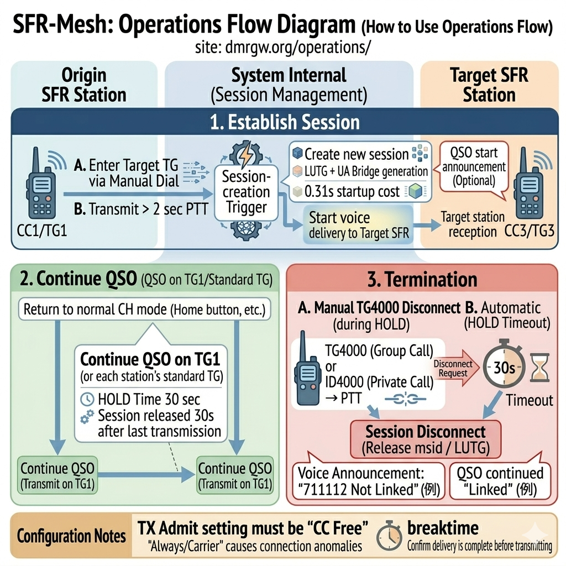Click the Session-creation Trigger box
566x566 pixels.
point(245,192)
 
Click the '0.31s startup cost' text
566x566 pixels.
point(352,191)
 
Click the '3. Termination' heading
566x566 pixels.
point(422,280)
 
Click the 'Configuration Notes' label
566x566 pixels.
point(71,536)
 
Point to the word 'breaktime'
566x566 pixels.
point(443,527)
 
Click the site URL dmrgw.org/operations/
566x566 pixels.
point(282,48)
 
